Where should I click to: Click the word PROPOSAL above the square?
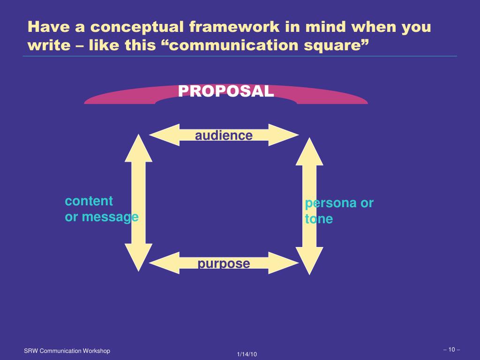click(226, 91)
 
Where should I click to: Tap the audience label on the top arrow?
click(224, 135)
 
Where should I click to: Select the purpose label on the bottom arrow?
click(224, 263)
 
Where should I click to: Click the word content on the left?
click(89, 201)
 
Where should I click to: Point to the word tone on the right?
click(319, 219)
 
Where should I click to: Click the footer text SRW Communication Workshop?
click(67, 351)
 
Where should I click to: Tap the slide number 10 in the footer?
click(451, 349)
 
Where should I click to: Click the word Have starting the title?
click(46, 27)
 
